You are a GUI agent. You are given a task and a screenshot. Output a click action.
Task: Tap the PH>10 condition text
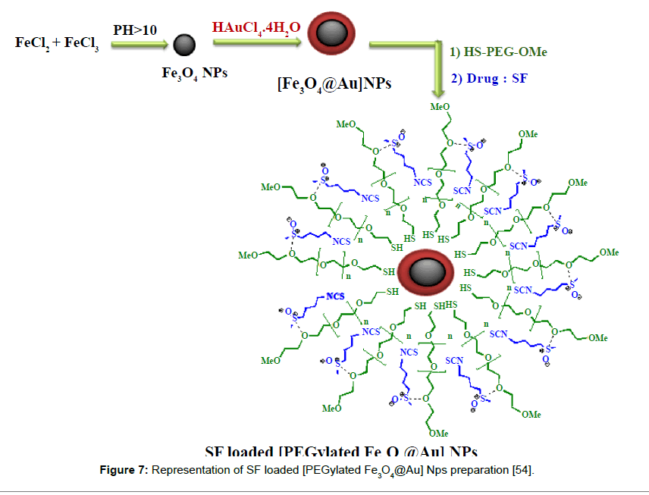pos(136,31)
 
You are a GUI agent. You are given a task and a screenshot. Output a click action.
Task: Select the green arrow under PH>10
pos(140,45)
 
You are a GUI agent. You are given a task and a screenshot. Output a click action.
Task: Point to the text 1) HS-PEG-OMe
pos(498,52)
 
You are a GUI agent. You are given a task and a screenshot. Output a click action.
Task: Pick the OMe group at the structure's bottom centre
pos(438,434)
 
